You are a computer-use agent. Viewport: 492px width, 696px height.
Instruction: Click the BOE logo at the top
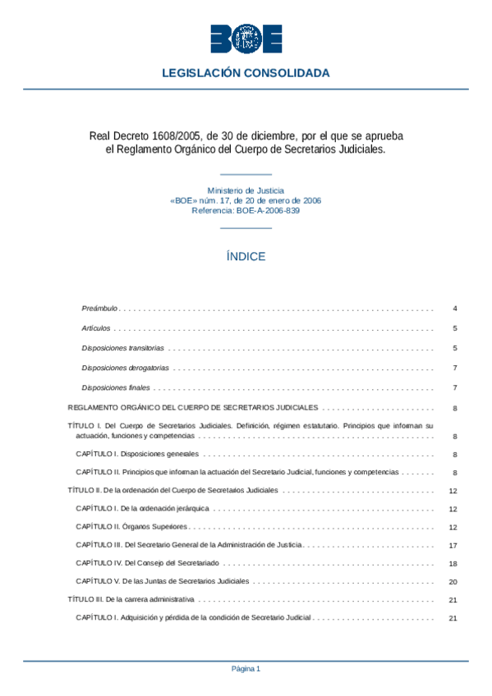coord(246,39)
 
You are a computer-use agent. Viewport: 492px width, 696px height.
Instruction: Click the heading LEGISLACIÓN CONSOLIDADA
coord(246,73)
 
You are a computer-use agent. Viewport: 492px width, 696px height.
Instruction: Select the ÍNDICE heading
coord(246,256)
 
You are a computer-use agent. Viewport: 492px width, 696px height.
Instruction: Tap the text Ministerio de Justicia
coord(246,190)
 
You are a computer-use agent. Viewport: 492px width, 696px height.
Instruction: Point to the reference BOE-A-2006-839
coord(264,210)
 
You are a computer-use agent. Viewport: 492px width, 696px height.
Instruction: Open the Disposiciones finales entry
coord(116,387)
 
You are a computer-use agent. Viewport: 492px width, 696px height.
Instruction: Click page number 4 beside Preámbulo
coord(454,309)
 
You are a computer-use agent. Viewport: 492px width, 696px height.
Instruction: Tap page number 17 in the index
coord(453,545)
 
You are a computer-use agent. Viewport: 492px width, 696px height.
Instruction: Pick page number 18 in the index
coord(453,565)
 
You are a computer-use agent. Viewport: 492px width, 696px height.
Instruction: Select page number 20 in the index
coord(453,581)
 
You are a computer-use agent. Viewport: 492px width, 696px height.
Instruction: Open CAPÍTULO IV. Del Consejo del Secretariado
coord(149,563)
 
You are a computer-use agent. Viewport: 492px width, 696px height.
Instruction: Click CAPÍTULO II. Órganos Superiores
coord(131,526)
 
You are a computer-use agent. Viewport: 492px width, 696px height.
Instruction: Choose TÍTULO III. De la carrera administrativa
coord(131,599)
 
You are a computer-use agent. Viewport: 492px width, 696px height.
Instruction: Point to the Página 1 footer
coord(246,669)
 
